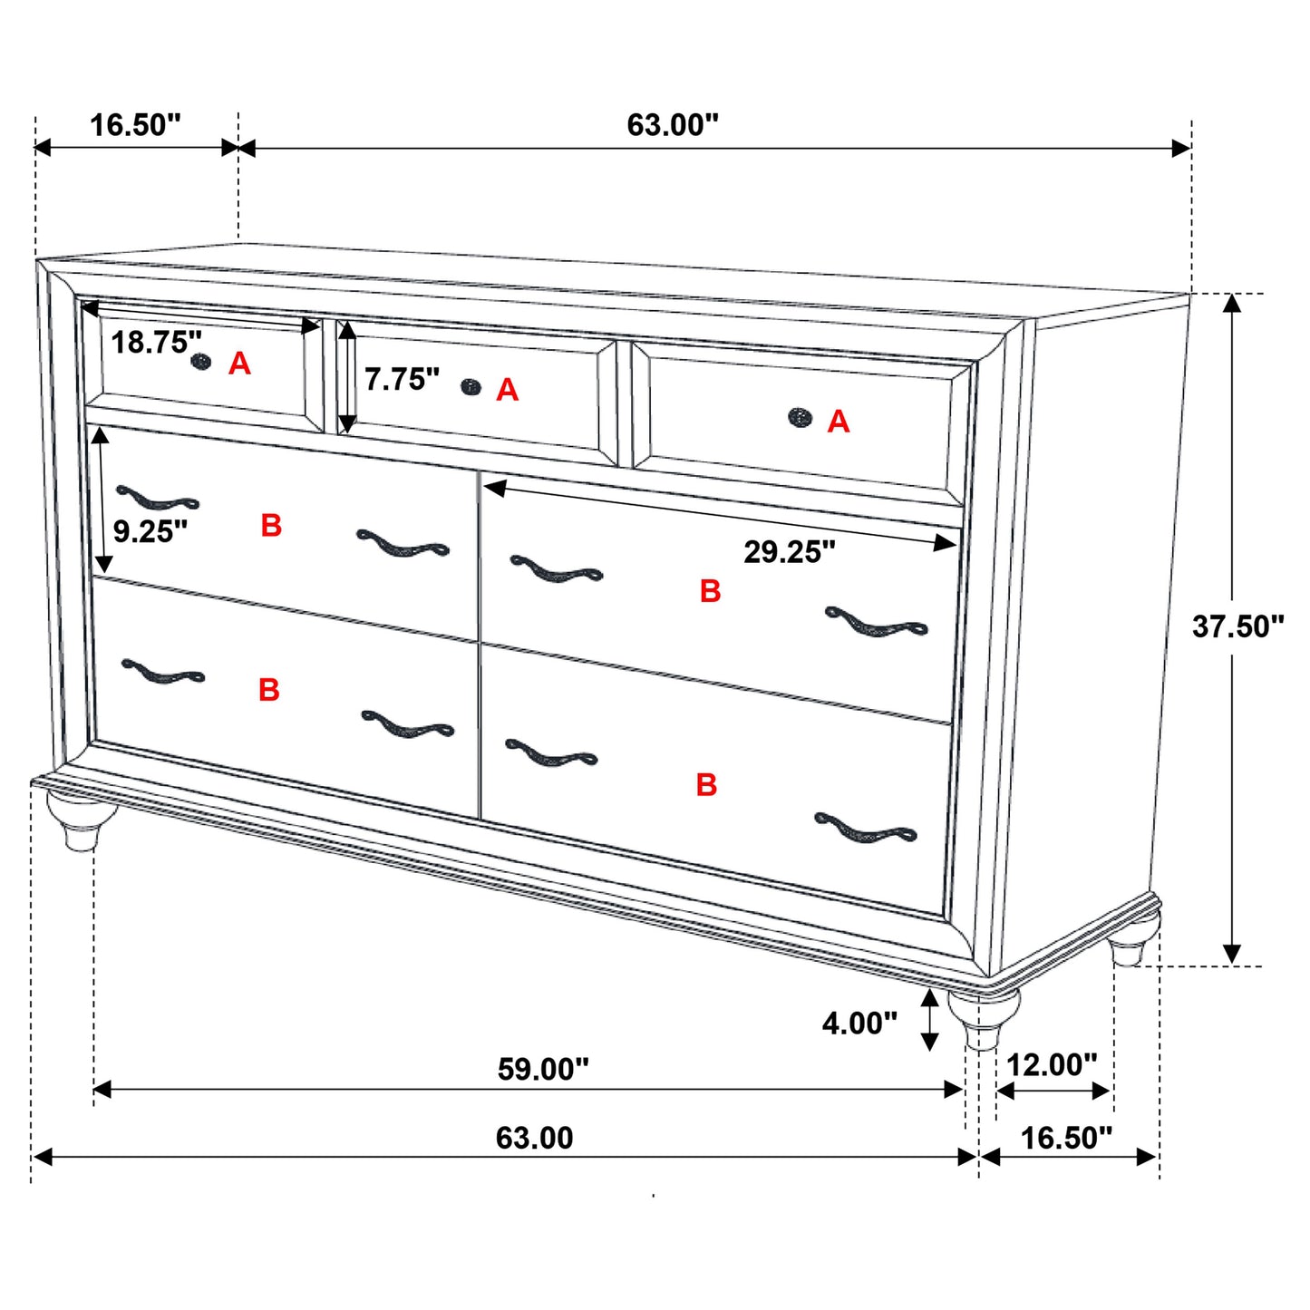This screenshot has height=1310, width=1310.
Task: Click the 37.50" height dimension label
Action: tap(1237, 626)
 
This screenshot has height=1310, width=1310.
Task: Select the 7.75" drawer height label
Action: tap(402, 380)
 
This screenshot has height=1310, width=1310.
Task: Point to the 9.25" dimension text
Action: tap(150, 531)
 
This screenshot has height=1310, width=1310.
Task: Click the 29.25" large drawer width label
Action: tap(789, 551)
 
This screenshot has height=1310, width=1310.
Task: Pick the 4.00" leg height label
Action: tap(859, 1024)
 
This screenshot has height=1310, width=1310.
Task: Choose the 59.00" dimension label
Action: tap(542, 1070)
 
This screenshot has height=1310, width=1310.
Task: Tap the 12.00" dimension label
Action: tap(1051, 1064)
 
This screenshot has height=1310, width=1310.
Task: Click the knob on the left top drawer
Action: tap(201, 363)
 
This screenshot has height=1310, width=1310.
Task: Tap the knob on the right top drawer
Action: tap(800, 417)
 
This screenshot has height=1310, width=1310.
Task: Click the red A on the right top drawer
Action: tap(839, 422)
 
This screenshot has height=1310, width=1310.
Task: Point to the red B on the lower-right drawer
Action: tap(707, 785)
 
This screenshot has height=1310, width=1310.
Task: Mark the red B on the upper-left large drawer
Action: tap(271, 526)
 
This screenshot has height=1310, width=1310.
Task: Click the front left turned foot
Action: tap(82, 820)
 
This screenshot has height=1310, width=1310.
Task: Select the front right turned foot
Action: tap(983, 1020)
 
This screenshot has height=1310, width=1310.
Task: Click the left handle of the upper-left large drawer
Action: tap(157, 499)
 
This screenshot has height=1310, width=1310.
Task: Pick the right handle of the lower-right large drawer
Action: tap(865, 829)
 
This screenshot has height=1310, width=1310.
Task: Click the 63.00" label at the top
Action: tap(672, 125)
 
